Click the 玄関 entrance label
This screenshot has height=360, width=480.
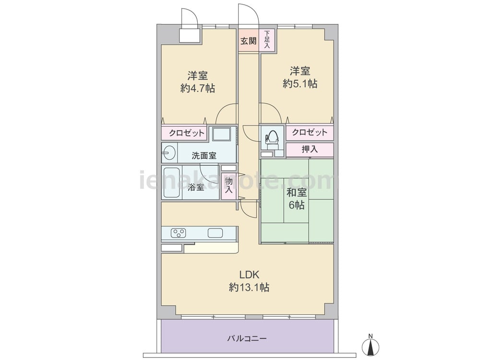248,41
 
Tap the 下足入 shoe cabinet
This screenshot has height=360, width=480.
267,40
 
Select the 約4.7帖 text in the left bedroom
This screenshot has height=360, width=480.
198,88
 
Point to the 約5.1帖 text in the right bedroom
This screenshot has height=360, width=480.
300,84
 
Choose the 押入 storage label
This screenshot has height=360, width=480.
310,149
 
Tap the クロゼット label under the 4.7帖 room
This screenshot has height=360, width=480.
186,133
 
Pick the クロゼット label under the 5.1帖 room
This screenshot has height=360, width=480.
310,132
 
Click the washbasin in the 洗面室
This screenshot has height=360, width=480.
169,153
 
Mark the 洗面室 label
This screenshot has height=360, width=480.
204,156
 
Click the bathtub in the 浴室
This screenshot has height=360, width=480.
172,183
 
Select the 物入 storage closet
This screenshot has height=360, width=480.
229,185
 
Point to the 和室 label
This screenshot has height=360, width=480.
296,192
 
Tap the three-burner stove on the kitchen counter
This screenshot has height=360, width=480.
179,233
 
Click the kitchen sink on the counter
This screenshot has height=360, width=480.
215,233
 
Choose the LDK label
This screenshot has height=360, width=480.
249,275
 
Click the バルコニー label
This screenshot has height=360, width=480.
247,338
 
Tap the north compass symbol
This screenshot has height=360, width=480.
371,346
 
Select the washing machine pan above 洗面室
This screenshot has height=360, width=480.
221,134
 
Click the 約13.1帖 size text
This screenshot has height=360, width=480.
249,287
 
